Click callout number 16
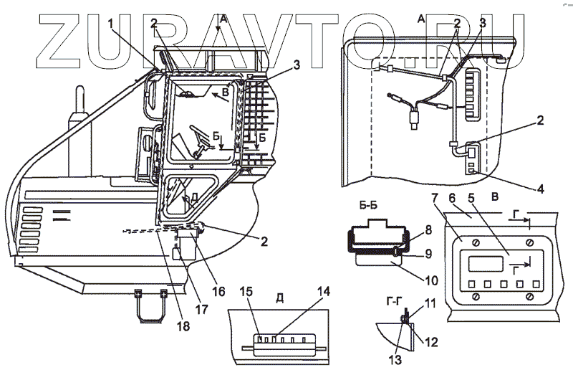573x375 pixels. [218, 291]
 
